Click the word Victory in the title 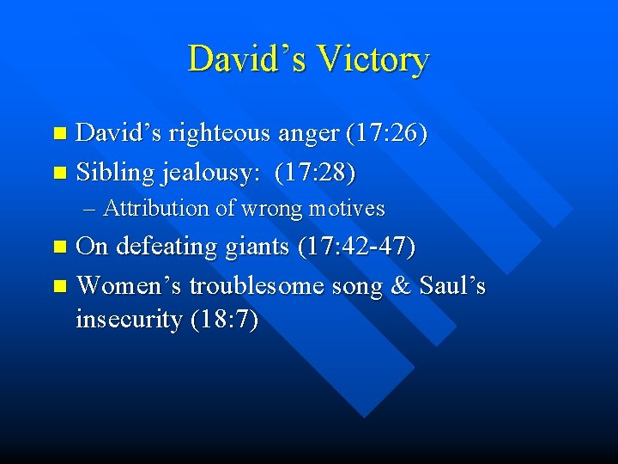point(373,60)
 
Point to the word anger point(309,135)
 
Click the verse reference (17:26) point(387,134)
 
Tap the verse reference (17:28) point(314,172)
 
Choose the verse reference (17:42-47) point(356,247)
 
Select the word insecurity point(130,321)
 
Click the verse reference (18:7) point(224,321)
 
